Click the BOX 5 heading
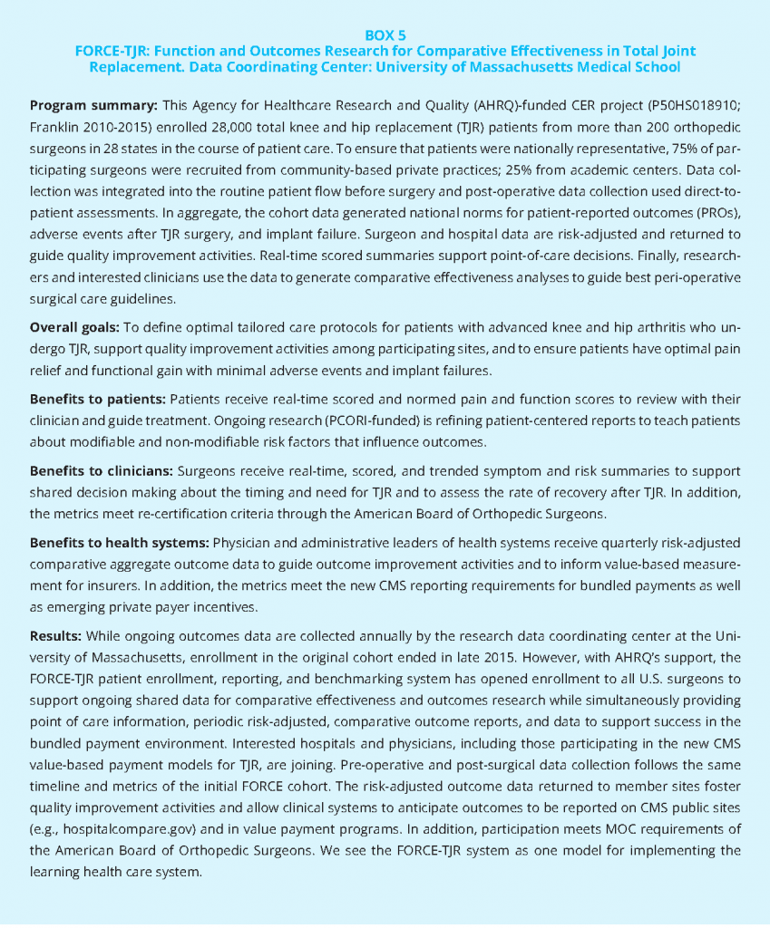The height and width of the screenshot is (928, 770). [385, 35]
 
